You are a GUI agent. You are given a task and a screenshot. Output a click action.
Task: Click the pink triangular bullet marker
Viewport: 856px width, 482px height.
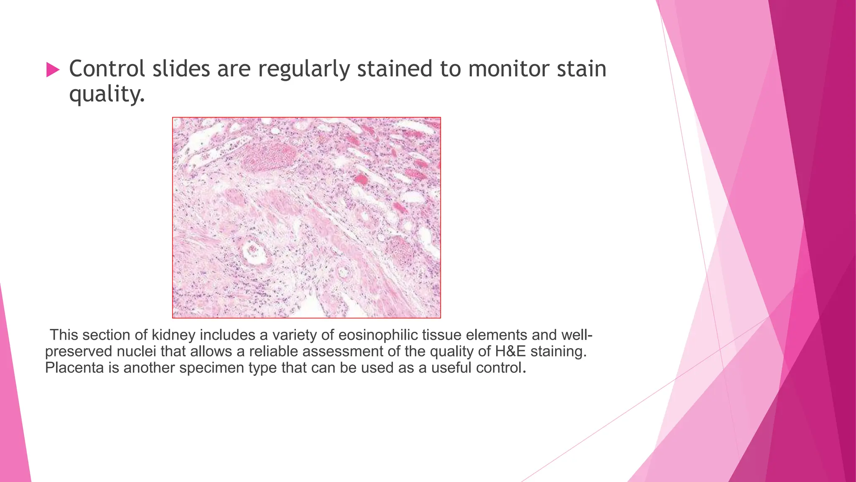coord(53,69)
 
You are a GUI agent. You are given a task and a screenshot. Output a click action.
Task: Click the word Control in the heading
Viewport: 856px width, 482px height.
coord(107,69)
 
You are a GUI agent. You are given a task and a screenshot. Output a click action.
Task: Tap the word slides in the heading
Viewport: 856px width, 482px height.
coord(181,69)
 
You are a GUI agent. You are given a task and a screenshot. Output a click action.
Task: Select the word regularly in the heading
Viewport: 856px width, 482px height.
coord(303,69)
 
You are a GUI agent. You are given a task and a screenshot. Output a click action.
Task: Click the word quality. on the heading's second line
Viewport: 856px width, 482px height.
coord(107,94)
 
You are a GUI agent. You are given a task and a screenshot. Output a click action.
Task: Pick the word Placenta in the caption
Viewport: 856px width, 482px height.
coord(74,368)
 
